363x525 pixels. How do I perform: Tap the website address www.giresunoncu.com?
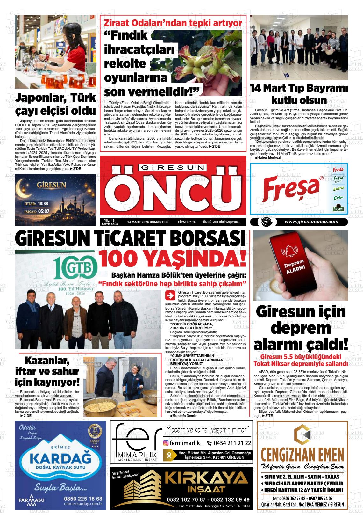coord(311,222)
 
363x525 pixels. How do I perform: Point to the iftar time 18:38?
coord(43,203)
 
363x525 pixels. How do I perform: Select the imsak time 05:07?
coord(43,211)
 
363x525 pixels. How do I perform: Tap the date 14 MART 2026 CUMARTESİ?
coord(147,222)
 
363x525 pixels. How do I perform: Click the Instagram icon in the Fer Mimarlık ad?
coord(166,443)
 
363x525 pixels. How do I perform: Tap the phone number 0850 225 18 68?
coord(82,499)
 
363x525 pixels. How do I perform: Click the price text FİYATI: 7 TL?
coord(187,222)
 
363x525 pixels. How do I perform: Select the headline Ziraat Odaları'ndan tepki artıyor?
coord(173,23)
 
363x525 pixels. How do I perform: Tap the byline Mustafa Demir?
coord(183,416)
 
